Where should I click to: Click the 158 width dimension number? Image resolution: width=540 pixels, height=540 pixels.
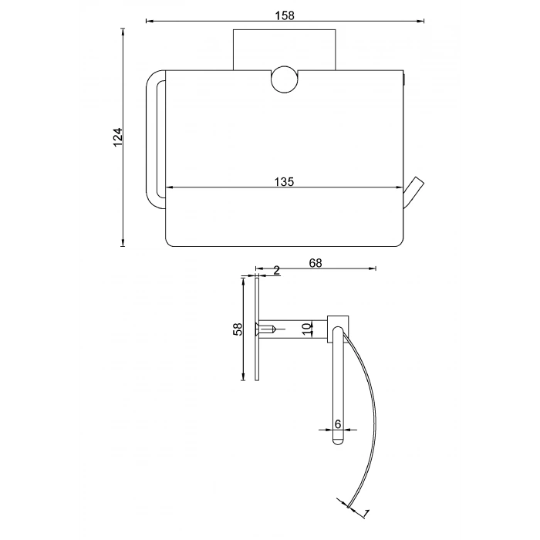[x=285, y=15]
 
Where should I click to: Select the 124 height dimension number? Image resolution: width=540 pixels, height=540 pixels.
[x=118, y=137]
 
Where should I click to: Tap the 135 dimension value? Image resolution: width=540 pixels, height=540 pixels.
[x=285, y=181]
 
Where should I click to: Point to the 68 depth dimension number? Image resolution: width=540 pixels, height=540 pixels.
[x=316, y=263]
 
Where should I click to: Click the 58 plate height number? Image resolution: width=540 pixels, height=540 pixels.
[x=238, y=329]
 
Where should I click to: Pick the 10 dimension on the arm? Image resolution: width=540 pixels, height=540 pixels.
[x=307, y=329]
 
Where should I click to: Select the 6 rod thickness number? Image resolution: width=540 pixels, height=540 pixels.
[x=338, y=424]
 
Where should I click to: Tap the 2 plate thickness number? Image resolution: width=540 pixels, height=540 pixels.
[x=276, y=271]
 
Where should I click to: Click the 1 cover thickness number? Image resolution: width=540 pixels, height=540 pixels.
[x=366, y=514]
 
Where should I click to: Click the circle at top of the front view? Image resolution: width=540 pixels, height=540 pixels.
[x=285, y=79]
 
